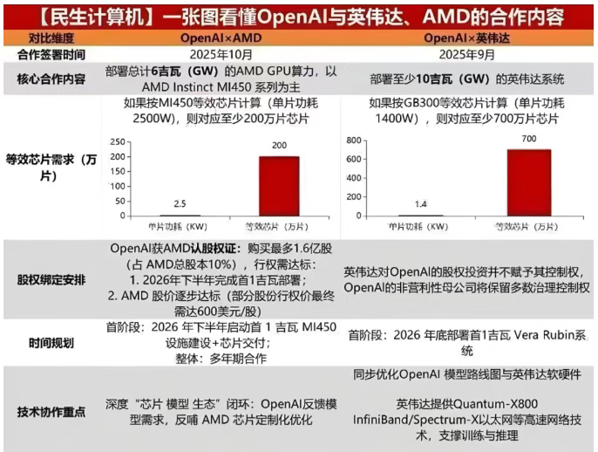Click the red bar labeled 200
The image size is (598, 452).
pos(278,186)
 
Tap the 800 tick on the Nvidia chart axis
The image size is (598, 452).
pos(353,139)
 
